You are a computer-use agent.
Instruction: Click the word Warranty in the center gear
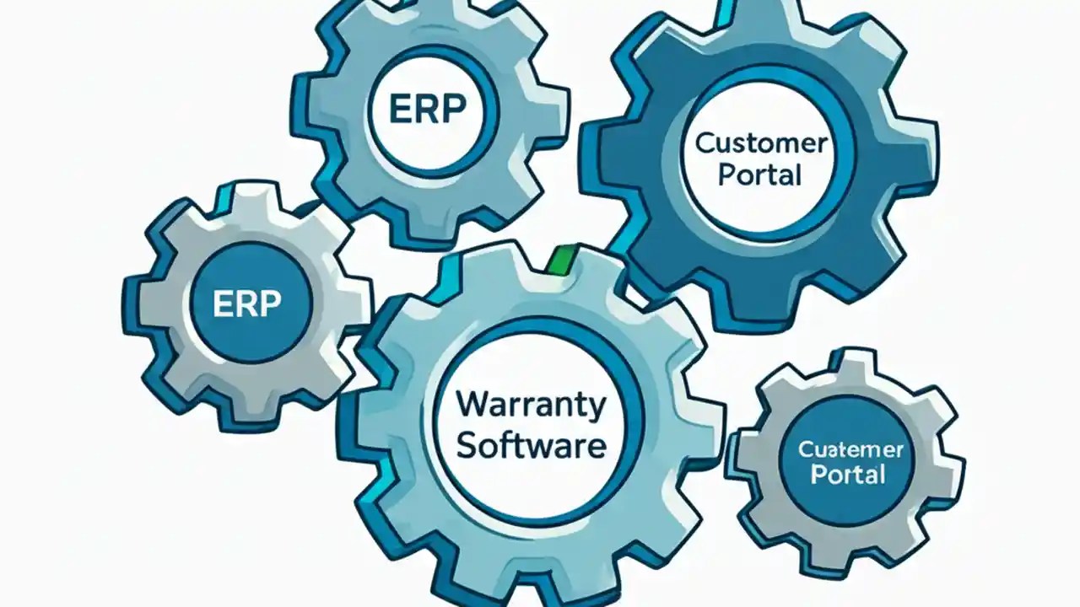[531, 406]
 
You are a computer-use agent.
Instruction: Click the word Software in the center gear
[531, 445]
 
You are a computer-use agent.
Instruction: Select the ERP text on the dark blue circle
[247, 303]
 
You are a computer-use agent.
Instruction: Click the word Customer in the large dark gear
[759, 143]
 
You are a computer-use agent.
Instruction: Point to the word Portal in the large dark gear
[759, 175]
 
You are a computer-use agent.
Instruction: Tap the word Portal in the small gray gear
[847, 474]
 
